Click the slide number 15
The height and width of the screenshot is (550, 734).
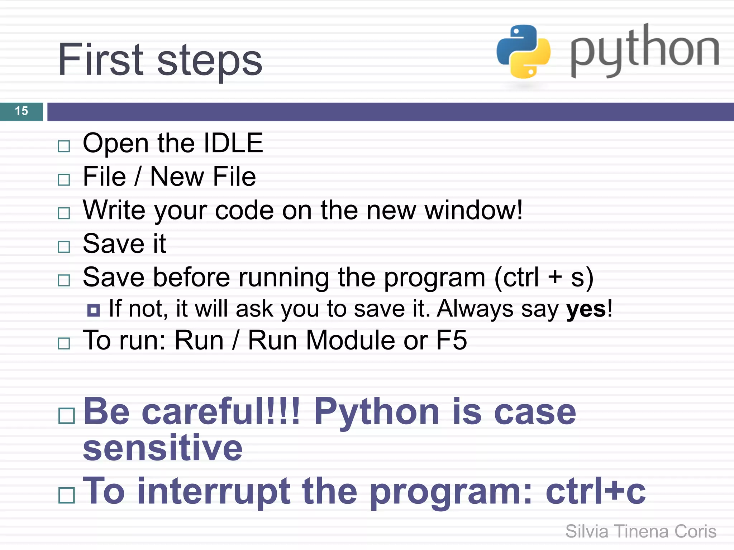[x=22, y=111]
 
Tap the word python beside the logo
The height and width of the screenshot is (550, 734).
[x=644, y=50]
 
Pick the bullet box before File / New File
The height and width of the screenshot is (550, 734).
[x=64, y=179]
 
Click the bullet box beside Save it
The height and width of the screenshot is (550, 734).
[x=64, y=246]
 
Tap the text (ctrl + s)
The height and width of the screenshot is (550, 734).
[x=543, y=278]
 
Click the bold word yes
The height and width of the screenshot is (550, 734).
[x=586, y=309]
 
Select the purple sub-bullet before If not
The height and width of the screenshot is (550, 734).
[x=94, y=310]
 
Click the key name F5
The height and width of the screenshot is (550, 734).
[x=451, y=340]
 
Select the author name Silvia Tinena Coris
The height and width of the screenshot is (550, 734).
[x=640, y=531]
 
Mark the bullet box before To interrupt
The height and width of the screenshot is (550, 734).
[x=66, y=496]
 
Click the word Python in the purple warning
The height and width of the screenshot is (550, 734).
[x=376, y=412]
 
